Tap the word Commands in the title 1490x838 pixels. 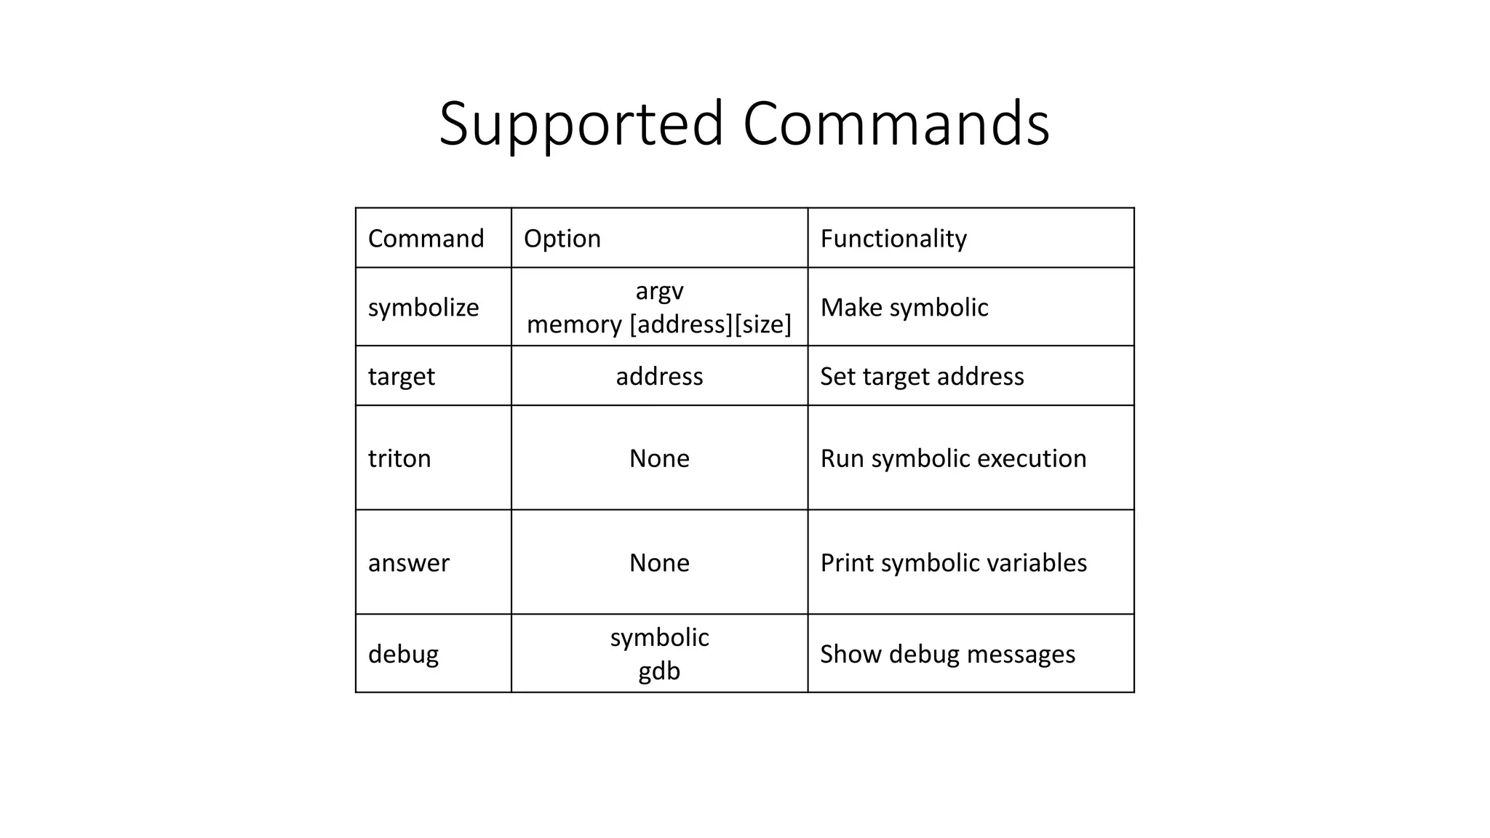click(896, 124)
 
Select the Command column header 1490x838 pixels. click(426, 239)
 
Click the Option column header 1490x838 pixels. click(562, 239)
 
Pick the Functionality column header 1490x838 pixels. click(893, 239)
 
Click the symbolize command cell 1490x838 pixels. click(423, 308)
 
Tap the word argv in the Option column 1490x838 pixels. click(659, 290)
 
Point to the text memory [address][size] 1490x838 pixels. click(659, 324)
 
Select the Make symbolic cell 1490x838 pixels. click(904, 308)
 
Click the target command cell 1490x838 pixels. click(401, 377)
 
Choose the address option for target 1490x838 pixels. click(659, 377)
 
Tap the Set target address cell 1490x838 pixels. click(922, 377)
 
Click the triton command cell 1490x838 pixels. click(399, 458)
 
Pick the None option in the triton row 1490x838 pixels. click(659, 458)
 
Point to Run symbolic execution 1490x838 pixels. click(953, 458)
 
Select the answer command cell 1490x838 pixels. click(409, 563)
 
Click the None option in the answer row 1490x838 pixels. click(659, 563)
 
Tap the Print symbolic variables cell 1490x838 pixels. click(953, 563)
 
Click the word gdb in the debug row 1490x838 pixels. click(659, 671)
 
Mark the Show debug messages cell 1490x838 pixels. click(947, 654)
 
